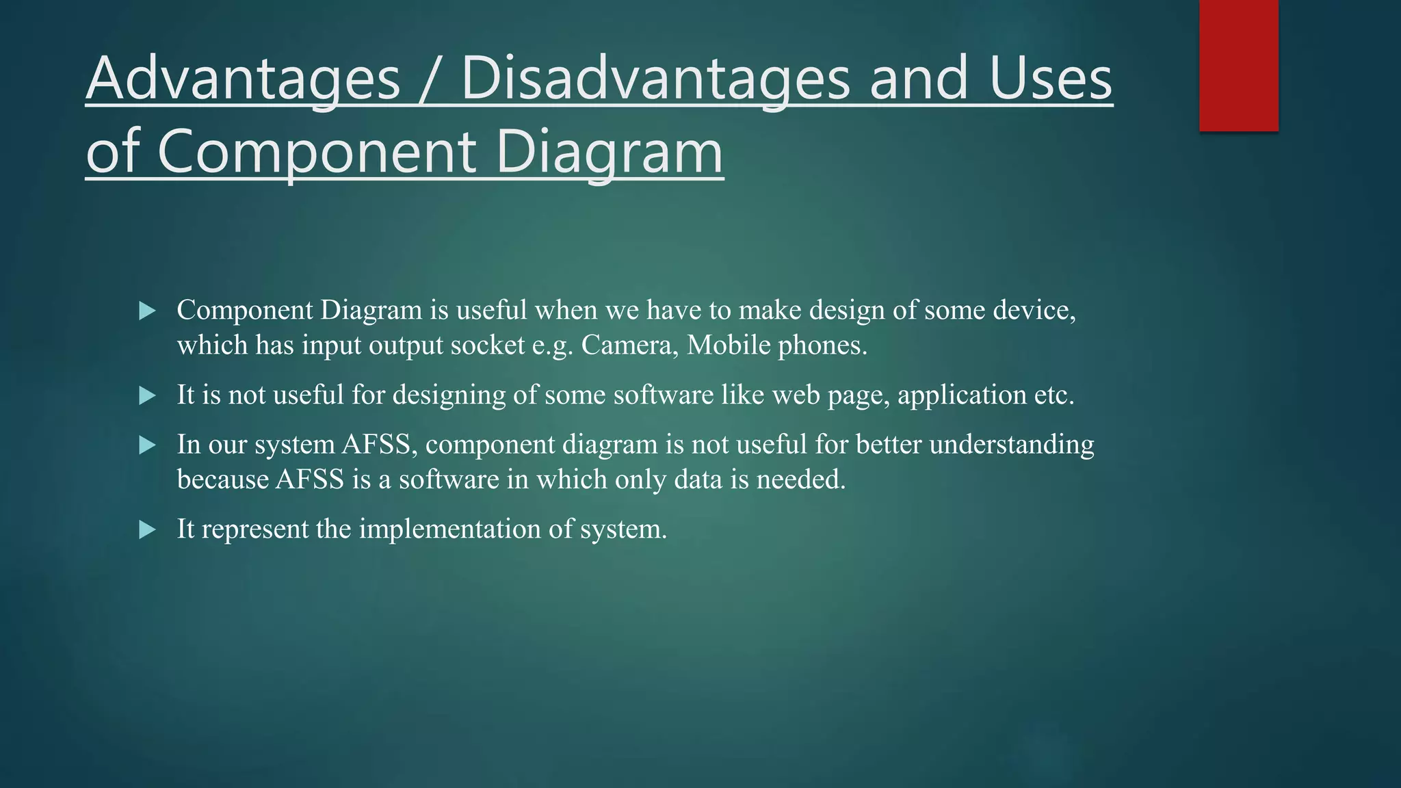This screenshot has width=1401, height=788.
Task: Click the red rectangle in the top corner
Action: tap(1238, 66)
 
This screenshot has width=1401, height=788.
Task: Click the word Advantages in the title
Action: tap(243, 79)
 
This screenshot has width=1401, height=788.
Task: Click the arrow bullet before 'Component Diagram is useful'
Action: tap(147, 311)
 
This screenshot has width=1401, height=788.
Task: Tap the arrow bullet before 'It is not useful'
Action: tap(147, 395)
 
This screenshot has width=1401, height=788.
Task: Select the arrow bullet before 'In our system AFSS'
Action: tap(147, 445)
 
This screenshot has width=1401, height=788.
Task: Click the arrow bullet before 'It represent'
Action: tap(147, 529)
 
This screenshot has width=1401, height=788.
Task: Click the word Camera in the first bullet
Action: tap(629, 345)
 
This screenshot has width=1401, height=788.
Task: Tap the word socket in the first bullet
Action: tap(487, 345)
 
